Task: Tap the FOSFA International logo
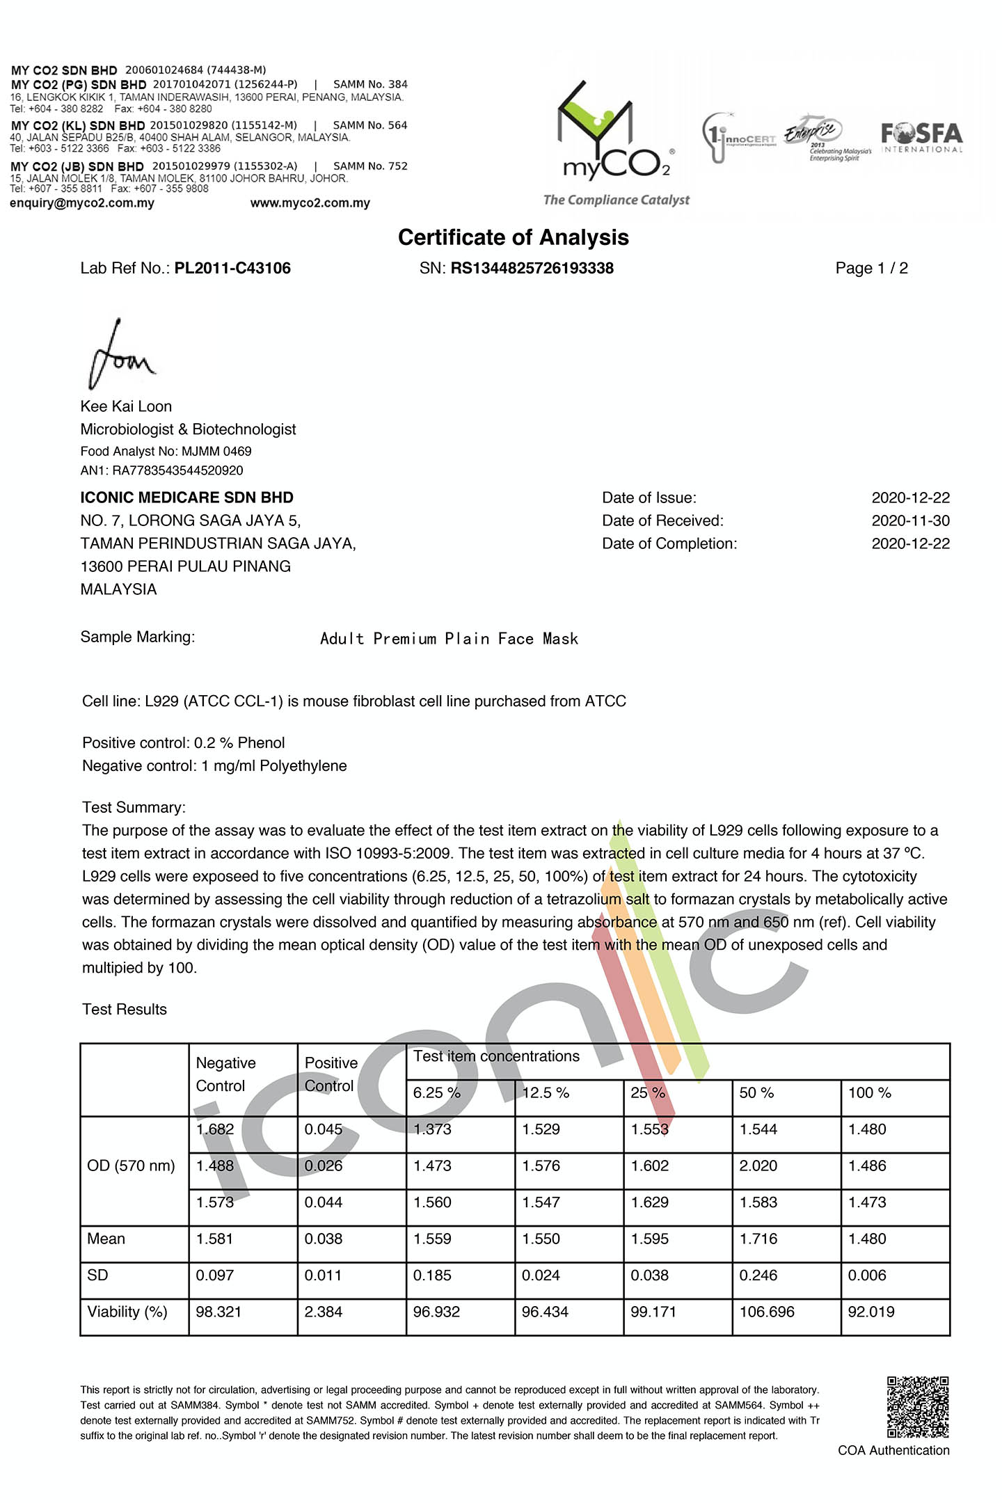click(922, 137)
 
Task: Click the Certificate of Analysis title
click(513, 237)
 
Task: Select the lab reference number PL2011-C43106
click(232, 269)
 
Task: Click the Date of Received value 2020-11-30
click(910, 520)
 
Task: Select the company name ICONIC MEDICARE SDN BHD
click(186, 498)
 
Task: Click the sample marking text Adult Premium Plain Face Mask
click(449, 639)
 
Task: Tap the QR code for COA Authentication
click(918, 1406)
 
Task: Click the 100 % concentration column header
click(869, 1093)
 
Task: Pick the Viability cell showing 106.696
click(766, 1312)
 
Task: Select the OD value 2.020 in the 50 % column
click(758, 1166)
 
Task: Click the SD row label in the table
click(97, 1275)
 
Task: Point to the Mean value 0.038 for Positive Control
click(324, 1239)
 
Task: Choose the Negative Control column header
click(225, 1074)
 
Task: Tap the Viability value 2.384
click(324, 1312)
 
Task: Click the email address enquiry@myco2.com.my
click(82, 203)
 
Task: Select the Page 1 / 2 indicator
click(871, 269)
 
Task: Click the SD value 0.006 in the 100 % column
click(867, 1275)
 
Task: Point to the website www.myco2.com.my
click(310, 203)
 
